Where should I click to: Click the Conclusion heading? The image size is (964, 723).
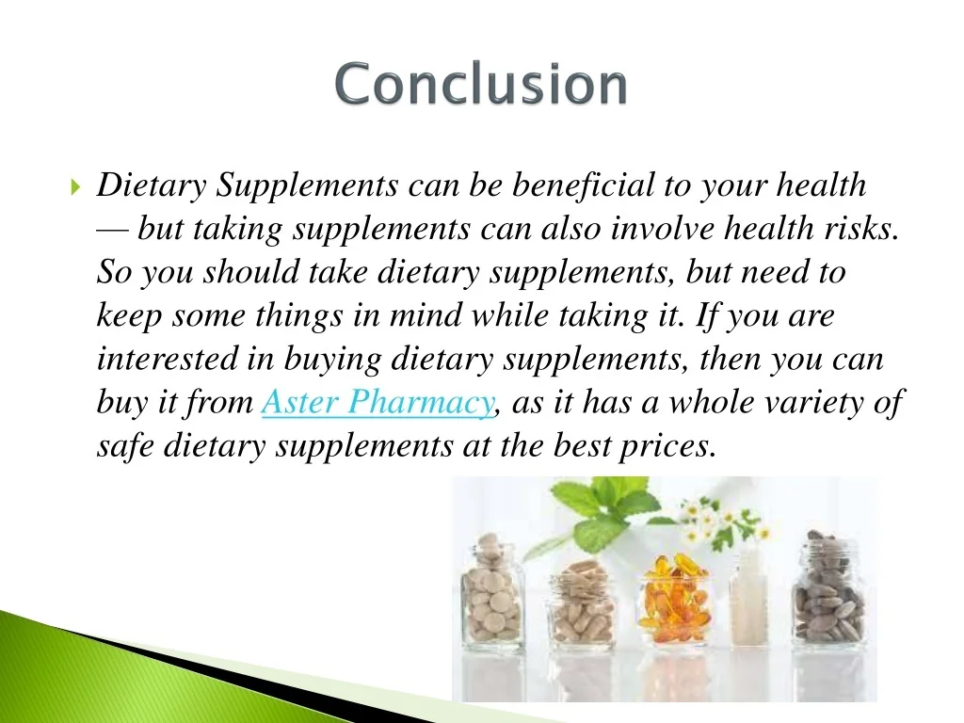(481, 83)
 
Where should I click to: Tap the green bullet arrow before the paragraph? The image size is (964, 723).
(75, 185)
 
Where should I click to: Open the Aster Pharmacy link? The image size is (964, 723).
(378, 403)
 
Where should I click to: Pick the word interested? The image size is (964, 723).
(167, 359)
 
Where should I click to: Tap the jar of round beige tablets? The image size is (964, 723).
(493, 589)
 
